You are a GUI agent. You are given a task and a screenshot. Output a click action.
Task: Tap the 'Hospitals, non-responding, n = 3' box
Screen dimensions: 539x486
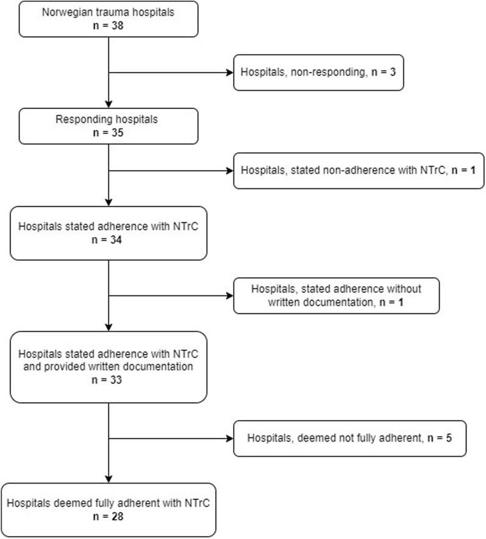318,73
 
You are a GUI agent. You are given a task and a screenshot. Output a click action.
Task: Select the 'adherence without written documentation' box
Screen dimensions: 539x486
336,295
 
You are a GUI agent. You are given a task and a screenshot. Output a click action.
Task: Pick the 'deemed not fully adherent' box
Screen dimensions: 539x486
349,438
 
